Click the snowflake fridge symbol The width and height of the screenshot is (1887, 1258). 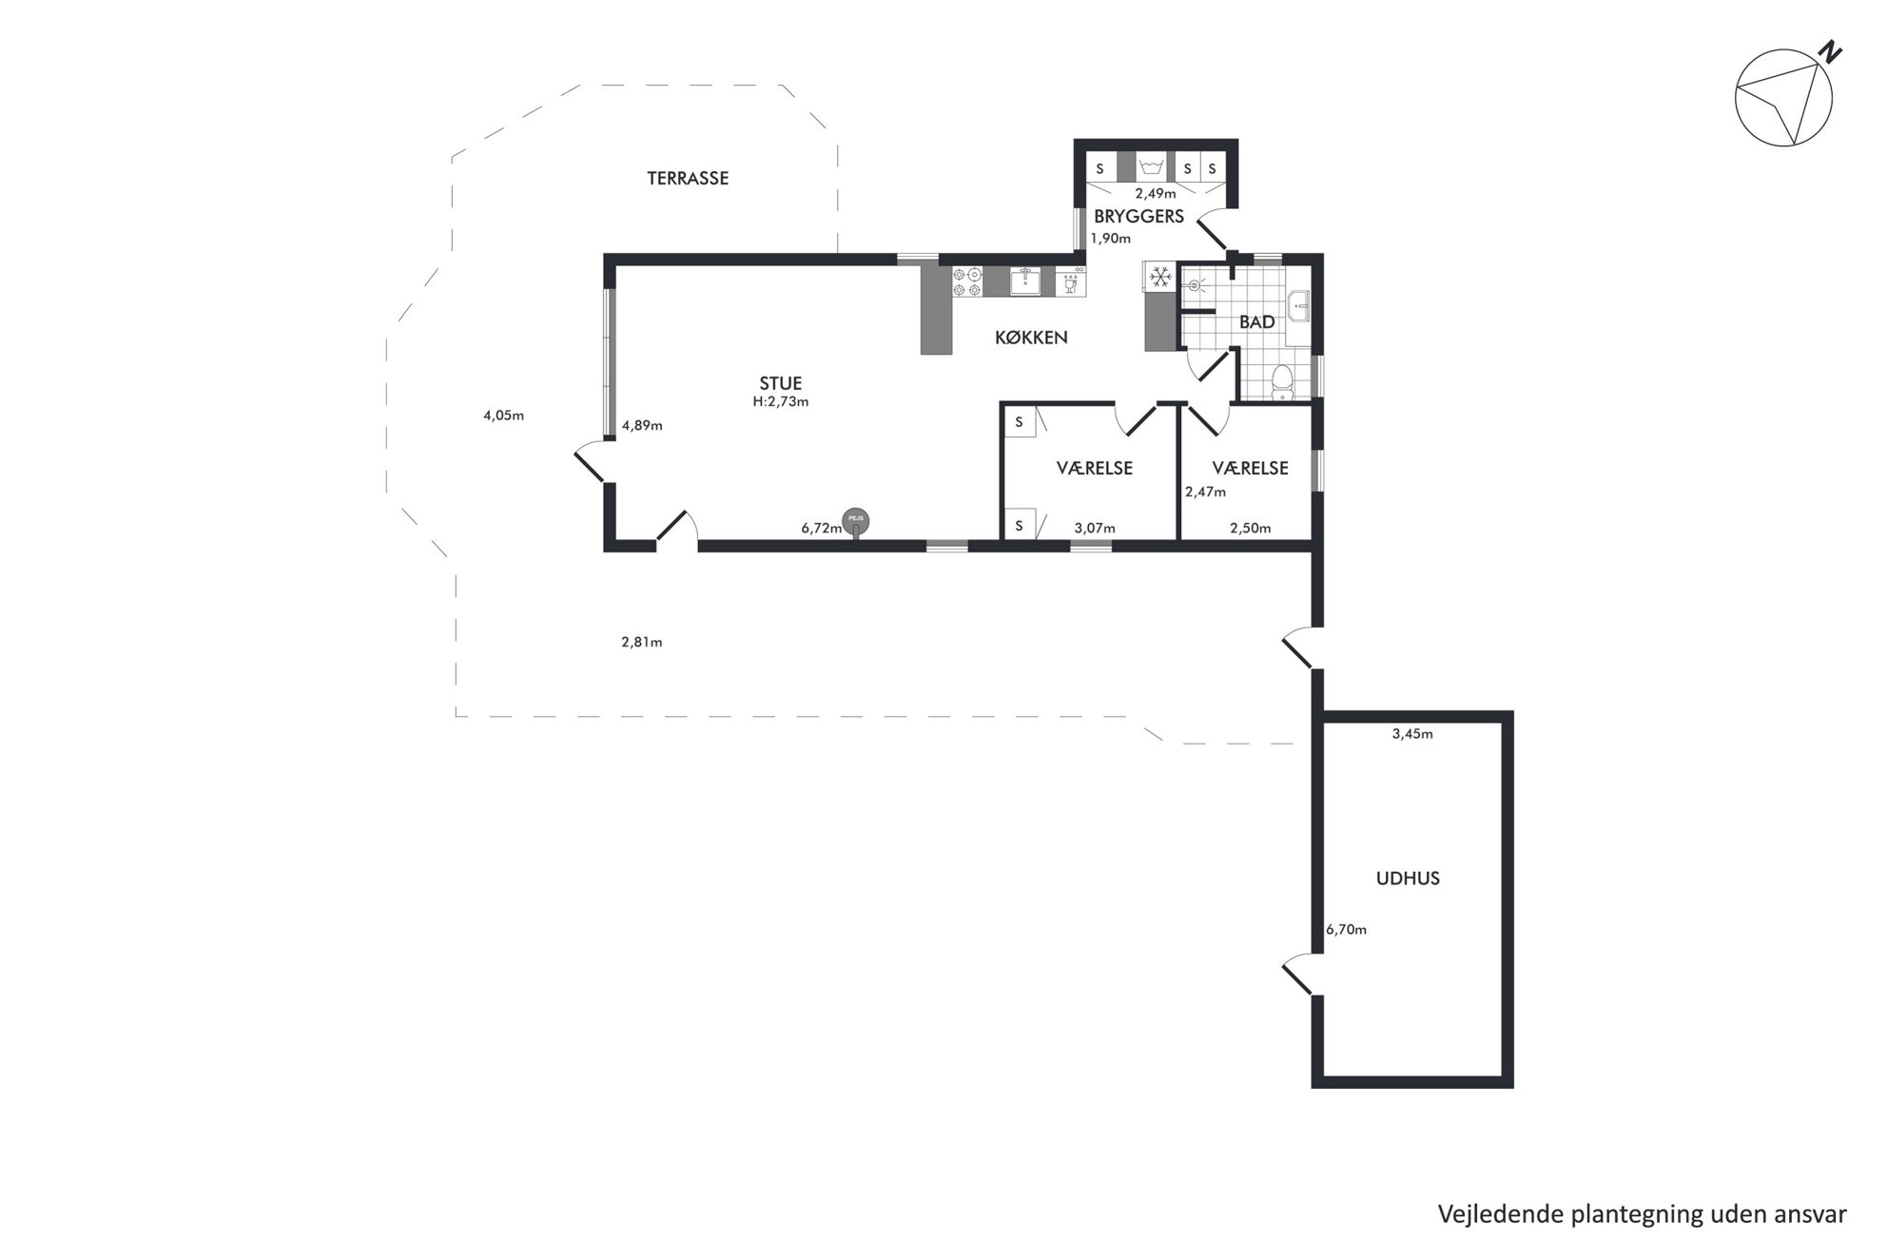tap(1159, 277)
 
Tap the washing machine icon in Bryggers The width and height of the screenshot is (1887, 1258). tap(1152, 167)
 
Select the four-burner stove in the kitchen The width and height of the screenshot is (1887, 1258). tap(967, 281)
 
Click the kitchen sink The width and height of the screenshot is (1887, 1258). tap(1025, 281)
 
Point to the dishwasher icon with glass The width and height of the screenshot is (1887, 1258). tap(1070, 281)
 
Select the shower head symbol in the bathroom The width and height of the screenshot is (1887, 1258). tap(1194, 284)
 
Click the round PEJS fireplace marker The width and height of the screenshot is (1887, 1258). tap(855, 519)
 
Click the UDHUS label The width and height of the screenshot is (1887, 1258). tap(1408, 879)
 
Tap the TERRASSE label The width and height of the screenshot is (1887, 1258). tap(688, 178)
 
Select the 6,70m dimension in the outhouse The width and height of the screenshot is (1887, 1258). tap(1346, 930)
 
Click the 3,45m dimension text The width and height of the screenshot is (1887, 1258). tap(1412, 734)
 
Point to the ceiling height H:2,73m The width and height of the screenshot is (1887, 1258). tap(781, 402)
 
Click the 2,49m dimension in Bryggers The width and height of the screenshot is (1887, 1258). tap(1156, 194)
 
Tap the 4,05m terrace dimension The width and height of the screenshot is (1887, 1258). tap(504, 416)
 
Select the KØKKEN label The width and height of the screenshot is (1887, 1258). tap(1031, 338)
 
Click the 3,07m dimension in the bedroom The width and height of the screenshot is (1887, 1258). tap(1095, 529)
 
